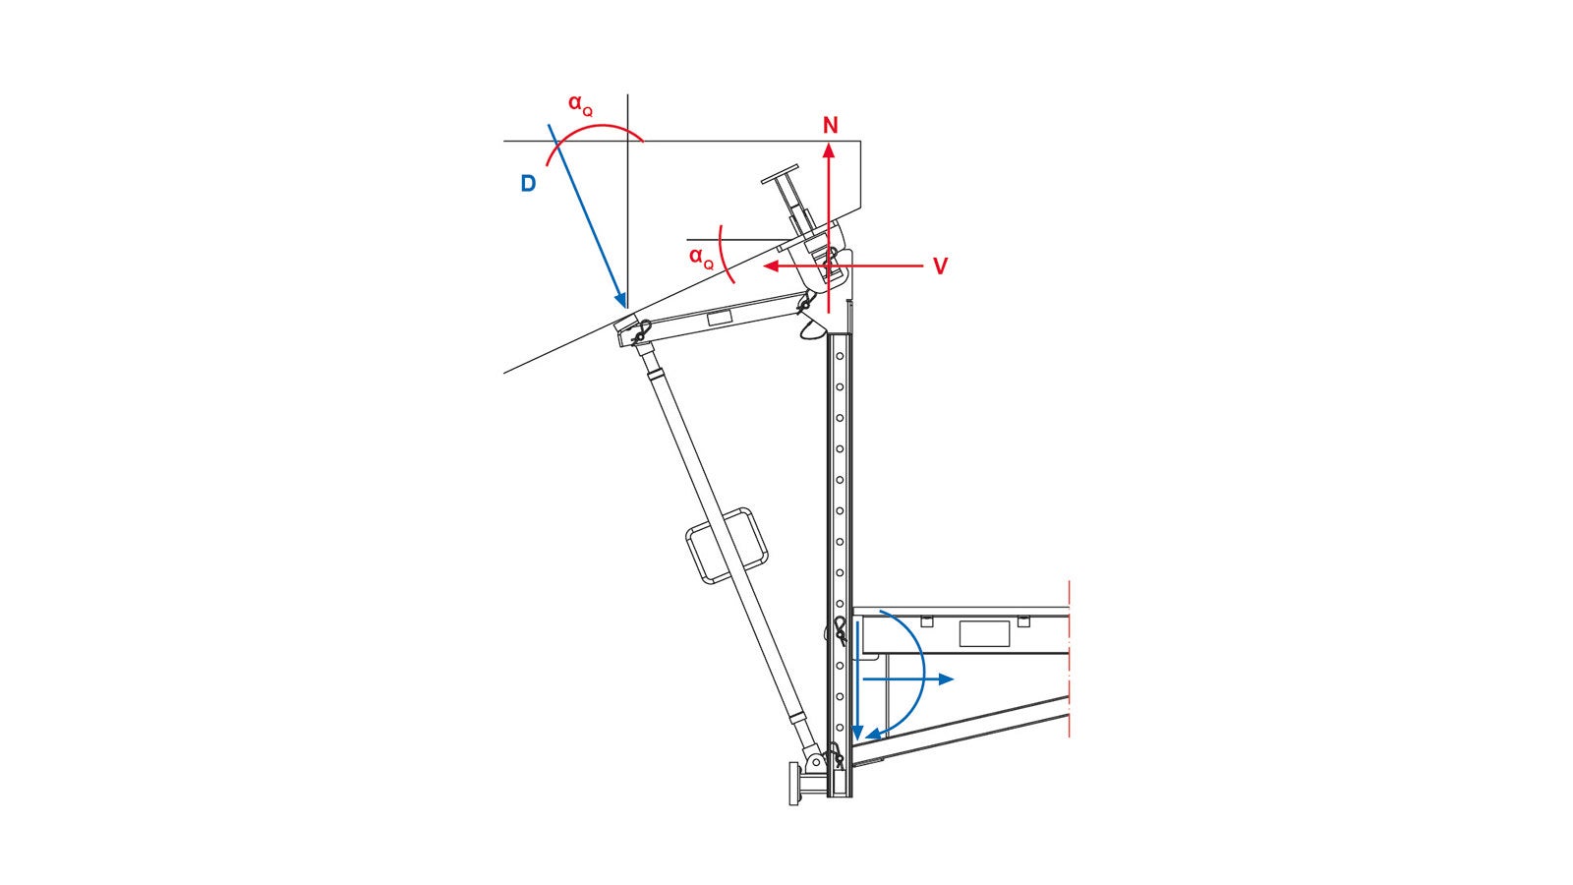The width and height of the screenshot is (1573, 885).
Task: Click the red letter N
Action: [x=831, y=126]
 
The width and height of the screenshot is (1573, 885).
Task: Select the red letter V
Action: [x=940, y=266]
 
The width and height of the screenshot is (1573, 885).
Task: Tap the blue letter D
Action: [x=528, y=184]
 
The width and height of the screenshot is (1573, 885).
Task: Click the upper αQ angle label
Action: [x=579, y=103]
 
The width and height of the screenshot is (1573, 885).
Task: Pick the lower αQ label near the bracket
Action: [x=700, y=257]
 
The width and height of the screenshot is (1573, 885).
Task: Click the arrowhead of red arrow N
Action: [x=830, y=147]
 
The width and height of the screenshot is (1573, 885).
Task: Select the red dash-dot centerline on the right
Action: [x=1069, y=659]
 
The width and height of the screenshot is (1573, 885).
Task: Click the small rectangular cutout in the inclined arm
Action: [x=720, y=317]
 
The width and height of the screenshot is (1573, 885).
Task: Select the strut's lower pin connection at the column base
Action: [x=815, y=762]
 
